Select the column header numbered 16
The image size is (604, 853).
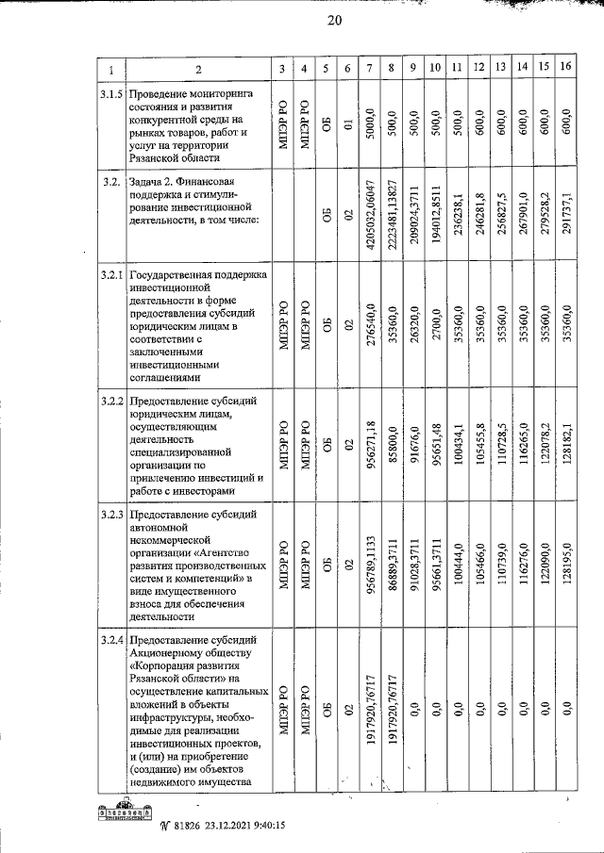pos(565,68)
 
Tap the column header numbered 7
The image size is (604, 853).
pos(372,68)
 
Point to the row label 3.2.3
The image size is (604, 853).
pos(111,515)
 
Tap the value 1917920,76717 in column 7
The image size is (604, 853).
pos(372,706)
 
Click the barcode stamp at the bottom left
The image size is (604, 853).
pos(127,812)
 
